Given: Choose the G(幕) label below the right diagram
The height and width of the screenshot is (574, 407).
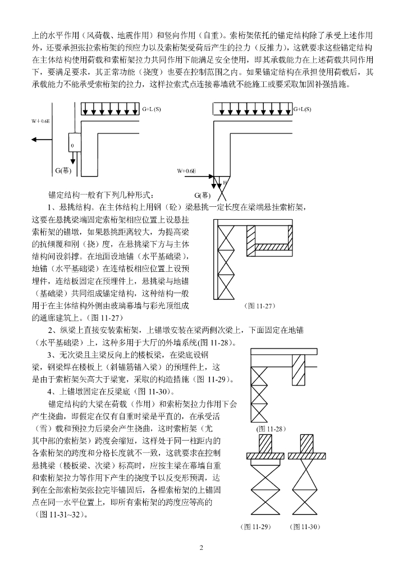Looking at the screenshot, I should [203, 195].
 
